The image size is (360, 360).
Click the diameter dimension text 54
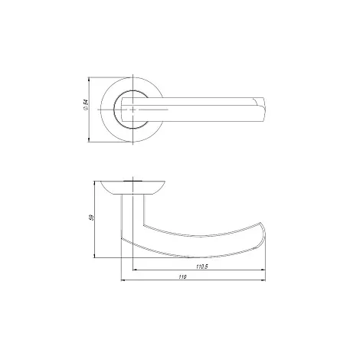pyautogui.click(x=86, y=102)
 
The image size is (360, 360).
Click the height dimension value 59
pyautogui.click(x=92, y=218)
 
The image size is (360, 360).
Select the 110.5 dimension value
pyautogui.click(x=202, y=267)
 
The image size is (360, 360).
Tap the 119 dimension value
pyautogui.click(x=183, y=277)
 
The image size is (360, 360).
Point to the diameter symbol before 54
pyautogui.click(x=86, y=108)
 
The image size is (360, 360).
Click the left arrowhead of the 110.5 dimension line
pyautogui.click(x=136, y=270)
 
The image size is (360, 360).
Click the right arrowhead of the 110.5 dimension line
pyautogui.click(x=263, y=270)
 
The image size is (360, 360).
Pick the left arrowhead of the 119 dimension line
pyautogui.click(x=123, y=280)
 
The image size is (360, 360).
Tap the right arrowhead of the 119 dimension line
pyautogui.click(x=263, y=280)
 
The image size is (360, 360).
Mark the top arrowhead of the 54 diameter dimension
pyautogui.click(x=89, y=80)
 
